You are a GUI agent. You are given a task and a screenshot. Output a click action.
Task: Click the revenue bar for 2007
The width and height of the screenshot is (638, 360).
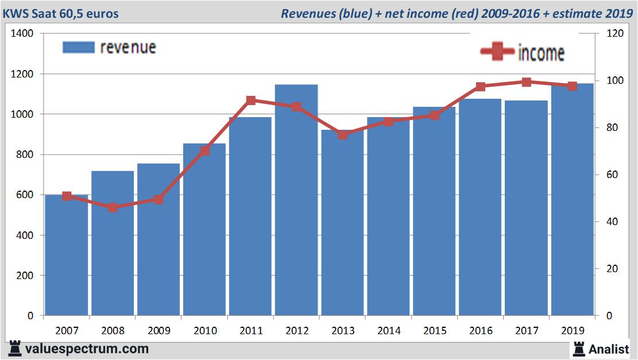(67, 256)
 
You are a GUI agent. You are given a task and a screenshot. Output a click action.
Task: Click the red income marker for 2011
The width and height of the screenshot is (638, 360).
(250, 100)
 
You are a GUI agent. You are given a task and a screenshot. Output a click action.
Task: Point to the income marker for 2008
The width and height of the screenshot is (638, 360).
(113, 207)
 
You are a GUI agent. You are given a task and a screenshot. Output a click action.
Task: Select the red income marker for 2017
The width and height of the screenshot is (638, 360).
(526, 82)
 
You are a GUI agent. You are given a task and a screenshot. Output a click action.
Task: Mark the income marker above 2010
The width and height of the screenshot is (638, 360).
(204, 150)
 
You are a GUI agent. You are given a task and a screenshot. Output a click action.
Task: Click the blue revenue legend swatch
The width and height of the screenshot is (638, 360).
(78, 47)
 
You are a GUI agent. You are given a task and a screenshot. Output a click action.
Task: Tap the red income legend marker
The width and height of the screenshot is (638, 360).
(497, 52)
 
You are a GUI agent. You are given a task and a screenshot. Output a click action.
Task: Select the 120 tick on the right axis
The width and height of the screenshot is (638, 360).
(616, 34)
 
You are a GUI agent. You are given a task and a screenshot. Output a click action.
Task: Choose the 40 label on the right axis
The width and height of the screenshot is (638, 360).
(613, 222)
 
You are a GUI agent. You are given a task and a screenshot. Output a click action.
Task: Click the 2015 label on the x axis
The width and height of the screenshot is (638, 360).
(434, 331)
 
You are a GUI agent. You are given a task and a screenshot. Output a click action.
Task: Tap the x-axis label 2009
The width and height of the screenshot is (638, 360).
(158, 331)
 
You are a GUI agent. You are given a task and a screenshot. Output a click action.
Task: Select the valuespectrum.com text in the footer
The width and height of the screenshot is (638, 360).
(87, 349)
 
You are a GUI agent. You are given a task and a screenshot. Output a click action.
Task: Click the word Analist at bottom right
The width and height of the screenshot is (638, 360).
(609, 349)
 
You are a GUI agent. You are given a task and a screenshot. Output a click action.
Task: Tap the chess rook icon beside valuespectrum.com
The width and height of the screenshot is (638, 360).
(16, 349)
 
